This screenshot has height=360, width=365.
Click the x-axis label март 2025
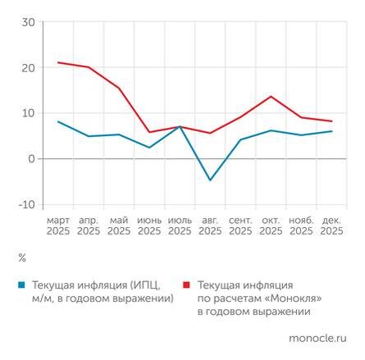coord(58,226)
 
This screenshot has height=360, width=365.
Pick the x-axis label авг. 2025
coord(210,226)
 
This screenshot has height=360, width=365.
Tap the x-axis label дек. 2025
coord(332,226)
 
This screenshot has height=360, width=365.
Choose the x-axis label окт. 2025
coord(271,226)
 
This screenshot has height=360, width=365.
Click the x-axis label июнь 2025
coord(149,226)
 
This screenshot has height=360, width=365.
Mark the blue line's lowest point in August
coord(210,180)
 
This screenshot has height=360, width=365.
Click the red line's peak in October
coord(271,96)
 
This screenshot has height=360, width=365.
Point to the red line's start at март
coord(58,62)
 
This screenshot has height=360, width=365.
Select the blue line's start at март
coord(58,121)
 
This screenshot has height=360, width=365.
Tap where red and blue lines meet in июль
coord(180,126)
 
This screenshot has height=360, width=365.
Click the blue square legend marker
coord(21,284)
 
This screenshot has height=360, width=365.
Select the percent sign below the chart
coord(21,257)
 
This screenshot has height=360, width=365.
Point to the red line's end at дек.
coord(332,121)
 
